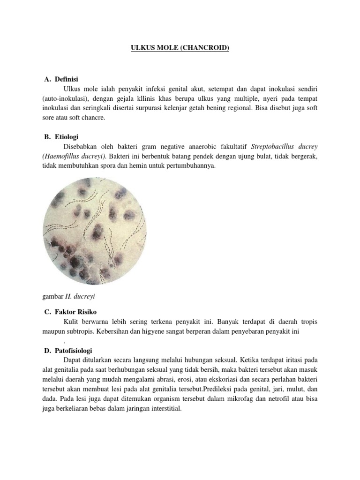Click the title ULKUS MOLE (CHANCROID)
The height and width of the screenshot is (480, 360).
tap(180, 48)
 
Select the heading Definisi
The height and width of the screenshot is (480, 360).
tap(69, 79)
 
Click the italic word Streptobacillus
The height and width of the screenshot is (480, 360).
tap(272, 147)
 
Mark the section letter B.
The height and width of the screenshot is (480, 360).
tap(47, 137)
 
